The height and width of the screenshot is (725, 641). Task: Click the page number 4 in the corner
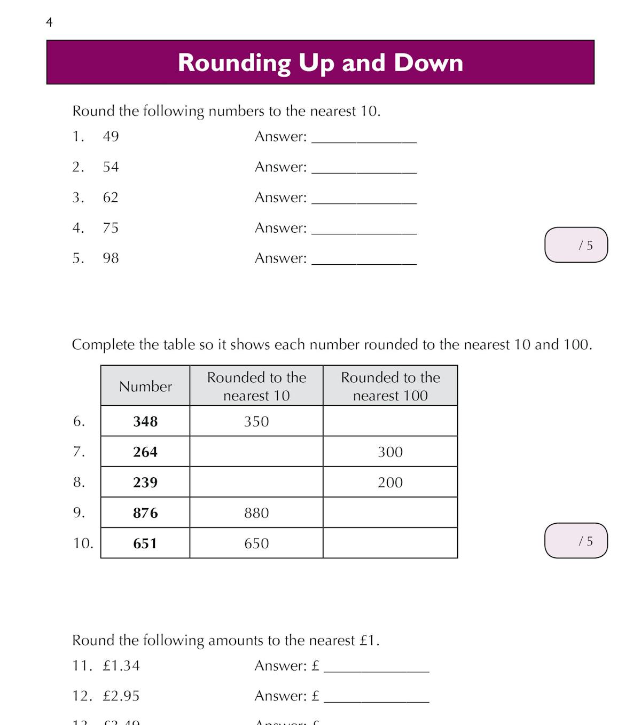point(49,22)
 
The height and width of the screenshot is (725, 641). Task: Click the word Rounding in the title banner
point(234,63)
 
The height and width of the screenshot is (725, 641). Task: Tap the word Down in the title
point(428,63)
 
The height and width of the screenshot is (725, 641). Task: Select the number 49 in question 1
point(111,137)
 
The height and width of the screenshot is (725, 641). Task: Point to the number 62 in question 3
point(111,198)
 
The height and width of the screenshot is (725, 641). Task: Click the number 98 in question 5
point(111,258)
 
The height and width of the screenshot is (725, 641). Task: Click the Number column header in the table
point(145,387)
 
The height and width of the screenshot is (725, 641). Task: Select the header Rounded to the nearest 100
point(390,387)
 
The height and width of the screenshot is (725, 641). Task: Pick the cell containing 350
point(256,422)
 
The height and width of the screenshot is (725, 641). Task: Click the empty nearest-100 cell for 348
point(390,422)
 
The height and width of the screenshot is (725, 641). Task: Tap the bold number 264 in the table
point(145,452)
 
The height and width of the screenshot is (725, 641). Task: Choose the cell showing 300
point(390,452)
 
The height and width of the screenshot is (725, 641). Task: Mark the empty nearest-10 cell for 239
point(256,483)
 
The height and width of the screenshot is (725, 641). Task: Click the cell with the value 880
point(256,513)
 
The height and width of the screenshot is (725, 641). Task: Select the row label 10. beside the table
point(83,543)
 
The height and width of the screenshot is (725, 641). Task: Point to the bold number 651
point(145,543)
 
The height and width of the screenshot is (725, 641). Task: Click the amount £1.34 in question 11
point(121,666)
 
